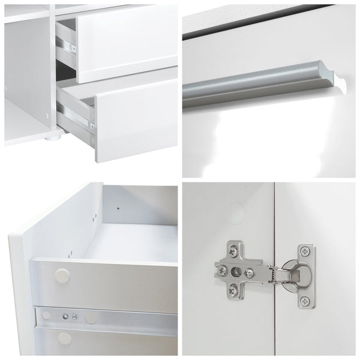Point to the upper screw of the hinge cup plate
(306, 250)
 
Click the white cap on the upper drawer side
(61, 277)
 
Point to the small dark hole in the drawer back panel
(118, 208)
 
